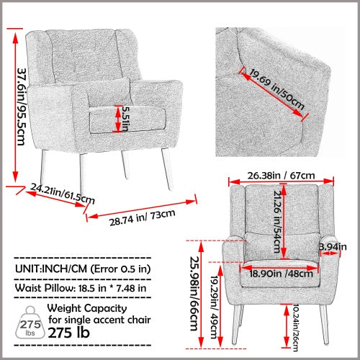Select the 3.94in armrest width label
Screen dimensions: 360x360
coord(332,248)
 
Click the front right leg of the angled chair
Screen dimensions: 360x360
coord(167,168)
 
